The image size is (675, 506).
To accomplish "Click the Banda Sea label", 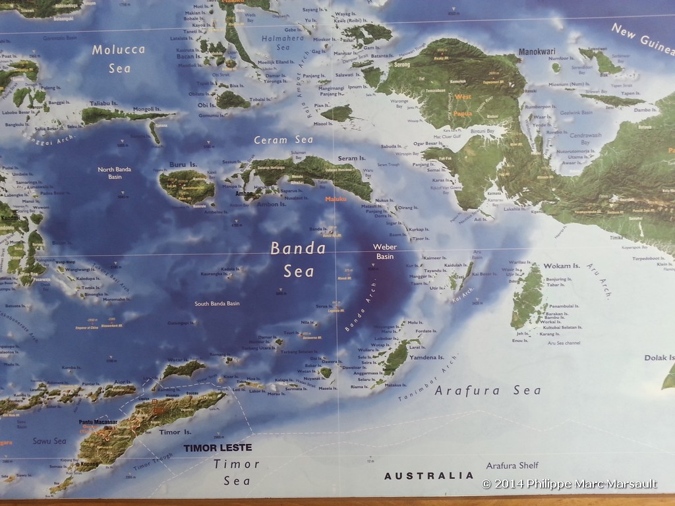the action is [298, 260].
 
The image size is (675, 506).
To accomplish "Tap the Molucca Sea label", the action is [119, 59].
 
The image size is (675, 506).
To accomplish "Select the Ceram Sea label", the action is [283, 140].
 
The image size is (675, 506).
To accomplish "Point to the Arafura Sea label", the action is [488, 391].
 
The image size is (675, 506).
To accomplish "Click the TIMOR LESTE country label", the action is [218, 448].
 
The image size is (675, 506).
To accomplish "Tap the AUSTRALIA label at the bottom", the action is [428, 476].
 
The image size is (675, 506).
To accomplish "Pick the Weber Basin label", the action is [386, 252].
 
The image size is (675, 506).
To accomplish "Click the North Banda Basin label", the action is [115, 173].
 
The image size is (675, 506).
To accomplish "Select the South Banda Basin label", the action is [217, 304].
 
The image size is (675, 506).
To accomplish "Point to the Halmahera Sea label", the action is [283, 43].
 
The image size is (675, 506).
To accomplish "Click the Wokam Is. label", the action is [562, 266].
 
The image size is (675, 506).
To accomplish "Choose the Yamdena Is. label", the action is [428, 358].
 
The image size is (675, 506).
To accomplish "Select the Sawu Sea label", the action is [50, 441].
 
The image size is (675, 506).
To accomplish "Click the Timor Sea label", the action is [237, 472].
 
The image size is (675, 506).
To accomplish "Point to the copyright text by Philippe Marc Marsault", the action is [570, 484].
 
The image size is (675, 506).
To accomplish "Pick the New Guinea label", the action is [641, 40].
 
